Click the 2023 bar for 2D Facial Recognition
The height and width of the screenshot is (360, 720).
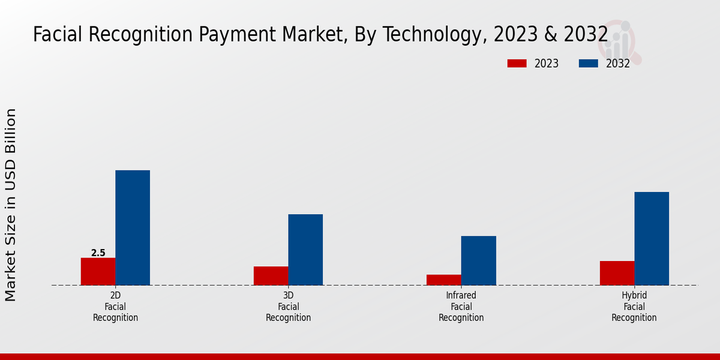coord(98,271)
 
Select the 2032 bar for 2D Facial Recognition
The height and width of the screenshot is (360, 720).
coord(133,227)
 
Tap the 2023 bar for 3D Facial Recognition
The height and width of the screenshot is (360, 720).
coord(271,275)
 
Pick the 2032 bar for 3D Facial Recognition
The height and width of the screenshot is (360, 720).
coord(305,250)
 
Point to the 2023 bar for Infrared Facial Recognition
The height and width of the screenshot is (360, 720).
coord(443,280)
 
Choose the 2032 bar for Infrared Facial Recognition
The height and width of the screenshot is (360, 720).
coord(478,260)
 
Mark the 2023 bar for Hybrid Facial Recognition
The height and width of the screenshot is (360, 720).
coord(617,273)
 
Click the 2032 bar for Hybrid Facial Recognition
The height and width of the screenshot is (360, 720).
coord(652,238)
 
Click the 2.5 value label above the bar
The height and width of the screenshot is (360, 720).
coord(98,253)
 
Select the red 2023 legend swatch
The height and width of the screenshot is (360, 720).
coord(517,64)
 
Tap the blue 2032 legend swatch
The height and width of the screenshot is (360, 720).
coord(588,64)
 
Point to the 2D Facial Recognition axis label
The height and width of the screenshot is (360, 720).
coord(115,307)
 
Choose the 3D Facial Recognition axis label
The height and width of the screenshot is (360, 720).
coord(288,307)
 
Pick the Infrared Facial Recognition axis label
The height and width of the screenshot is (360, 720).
coord(461,307)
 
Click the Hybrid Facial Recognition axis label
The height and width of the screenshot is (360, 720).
coord(634,307)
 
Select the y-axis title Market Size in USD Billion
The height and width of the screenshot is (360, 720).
coord(11,205)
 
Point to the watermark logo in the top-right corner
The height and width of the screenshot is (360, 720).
coord(624,42)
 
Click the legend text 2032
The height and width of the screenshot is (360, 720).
coord(617,64)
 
